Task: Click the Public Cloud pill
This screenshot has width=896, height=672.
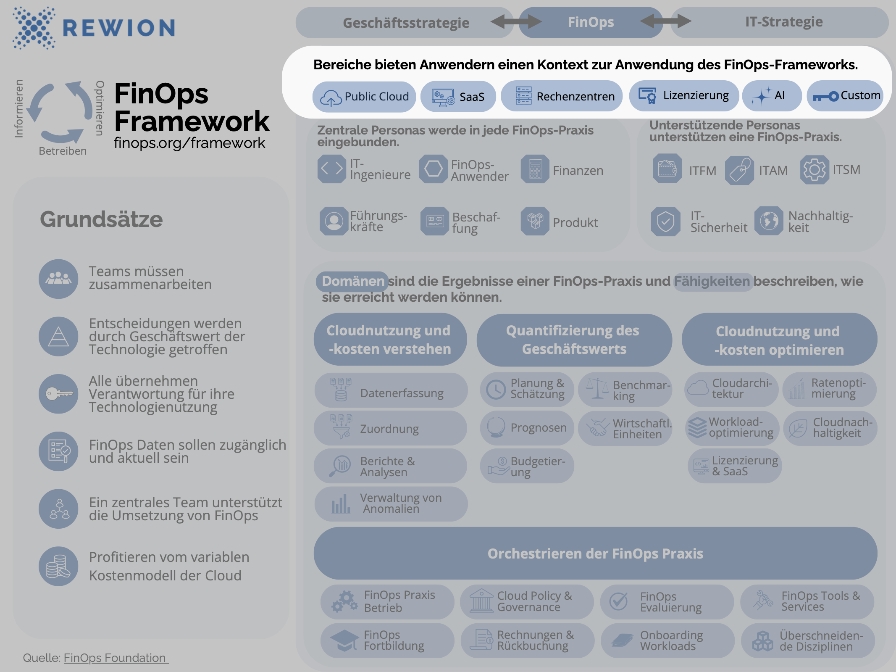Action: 364,97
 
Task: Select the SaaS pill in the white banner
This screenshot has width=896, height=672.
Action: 458,97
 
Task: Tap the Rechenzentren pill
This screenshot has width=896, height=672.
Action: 562,96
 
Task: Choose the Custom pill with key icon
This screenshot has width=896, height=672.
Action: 845,96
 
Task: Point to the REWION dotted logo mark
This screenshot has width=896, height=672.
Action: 34,28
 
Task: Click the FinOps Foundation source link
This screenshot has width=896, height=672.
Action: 115,658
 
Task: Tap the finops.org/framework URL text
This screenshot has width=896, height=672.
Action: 189,143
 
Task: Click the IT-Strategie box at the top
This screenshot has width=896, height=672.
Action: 783,22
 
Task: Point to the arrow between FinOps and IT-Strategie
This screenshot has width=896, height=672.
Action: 666,21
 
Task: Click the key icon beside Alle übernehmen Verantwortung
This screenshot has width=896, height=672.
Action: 58,394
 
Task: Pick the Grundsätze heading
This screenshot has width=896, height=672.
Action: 101,219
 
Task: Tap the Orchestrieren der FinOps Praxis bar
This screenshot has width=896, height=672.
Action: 595,553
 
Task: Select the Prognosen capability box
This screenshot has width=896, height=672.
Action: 527,428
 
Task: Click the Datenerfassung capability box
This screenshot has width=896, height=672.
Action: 391,390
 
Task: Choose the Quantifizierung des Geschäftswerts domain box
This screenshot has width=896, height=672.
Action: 573,340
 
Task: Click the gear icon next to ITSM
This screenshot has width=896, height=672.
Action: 814,170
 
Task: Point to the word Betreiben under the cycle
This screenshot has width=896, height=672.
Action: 63,151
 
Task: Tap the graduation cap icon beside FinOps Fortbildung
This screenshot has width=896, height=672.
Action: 344,640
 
